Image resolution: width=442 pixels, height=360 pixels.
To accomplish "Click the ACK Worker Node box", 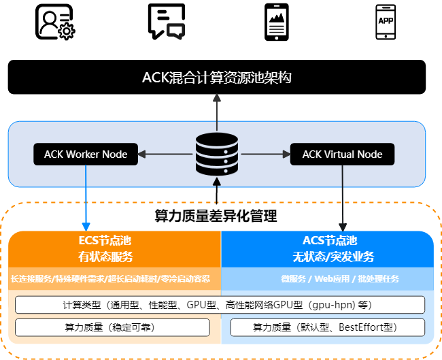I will coord(86,154).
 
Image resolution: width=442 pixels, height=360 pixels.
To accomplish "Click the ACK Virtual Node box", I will coord(342,154).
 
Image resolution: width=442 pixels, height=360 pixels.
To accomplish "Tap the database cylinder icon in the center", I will coord(216,154).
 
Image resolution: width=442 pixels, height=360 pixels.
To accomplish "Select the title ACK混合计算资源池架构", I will coord(217,77).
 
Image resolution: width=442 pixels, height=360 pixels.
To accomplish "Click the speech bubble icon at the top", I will coord(175,31).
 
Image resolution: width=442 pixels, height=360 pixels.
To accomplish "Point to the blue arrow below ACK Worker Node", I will coord(86,197).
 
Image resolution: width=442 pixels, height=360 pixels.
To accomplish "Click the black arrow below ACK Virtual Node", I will coord(343,197).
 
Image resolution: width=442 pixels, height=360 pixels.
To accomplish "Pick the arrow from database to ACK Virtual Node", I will coord(265,154).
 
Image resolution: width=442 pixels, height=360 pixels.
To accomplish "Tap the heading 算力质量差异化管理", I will coord(216,216).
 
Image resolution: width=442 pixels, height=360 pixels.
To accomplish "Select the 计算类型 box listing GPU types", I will coord(220,304).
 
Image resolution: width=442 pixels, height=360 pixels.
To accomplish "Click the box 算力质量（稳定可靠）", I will coord(112,327).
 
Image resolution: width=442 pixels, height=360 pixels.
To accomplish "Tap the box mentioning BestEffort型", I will coord(328,327).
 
